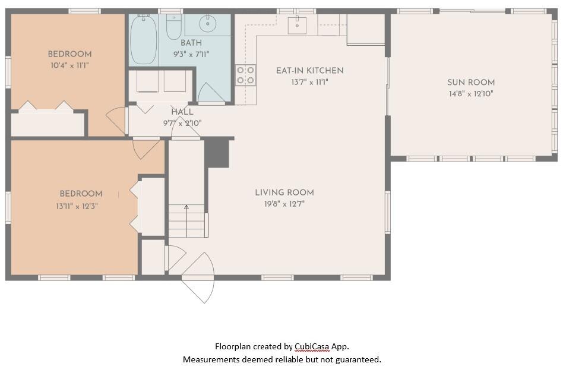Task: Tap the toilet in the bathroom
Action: (x=173, y=27)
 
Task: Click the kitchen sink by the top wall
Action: (x=297, y=25)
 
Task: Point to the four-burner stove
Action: (x=246, y=75)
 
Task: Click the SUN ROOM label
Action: (x=470, y=83)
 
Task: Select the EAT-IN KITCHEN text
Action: (x=309, y=71)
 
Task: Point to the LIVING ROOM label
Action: (x=284, y=192)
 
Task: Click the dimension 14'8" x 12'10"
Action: (x=470, y=94)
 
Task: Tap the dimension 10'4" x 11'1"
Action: (x=69, y=66)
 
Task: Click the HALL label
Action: (x=182, y=112)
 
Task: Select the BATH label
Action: (x=191, y=43)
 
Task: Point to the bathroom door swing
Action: (x=210, y=94)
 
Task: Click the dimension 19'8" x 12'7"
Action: (x=284, y=204)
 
